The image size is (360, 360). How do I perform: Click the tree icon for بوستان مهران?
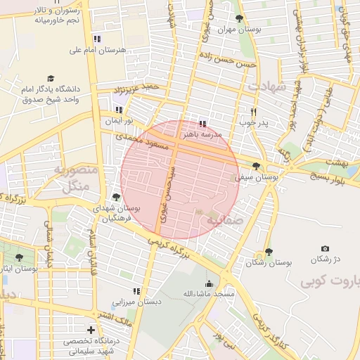pyautogui.click(x=239, y=18)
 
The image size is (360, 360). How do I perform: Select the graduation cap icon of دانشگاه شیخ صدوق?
pyautogui.click(x=50, y=79)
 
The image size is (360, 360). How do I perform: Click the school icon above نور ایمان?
pyautogui.click(x=118, y=110)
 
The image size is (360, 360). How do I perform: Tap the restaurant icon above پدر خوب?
pyautogui.click(x=253, y=112)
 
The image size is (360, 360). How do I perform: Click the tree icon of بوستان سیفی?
pyautogui.click(x=256, y=166)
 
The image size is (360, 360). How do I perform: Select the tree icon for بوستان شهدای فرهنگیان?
pyautogui.click(x=116, y=197)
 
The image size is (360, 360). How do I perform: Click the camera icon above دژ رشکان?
pyautogui.click(x=325, y=249)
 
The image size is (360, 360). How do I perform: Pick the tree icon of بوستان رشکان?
pyautogui.click(x=269, y=251)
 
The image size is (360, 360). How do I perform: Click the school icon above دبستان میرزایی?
pyautogui.click(x=137, y=290)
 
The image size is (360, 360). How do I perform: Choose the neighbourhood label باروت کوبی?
pyautogui.click(x=330, y=282)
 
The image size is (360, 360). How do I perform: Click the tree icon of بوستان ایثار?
pyautogui.click(x=19, y=258)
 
